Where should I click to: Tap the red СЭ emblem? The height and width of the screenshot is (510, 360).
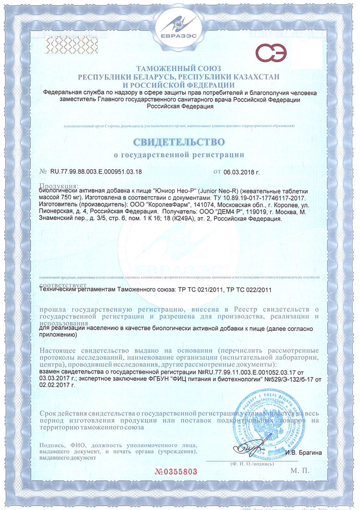[271, 54]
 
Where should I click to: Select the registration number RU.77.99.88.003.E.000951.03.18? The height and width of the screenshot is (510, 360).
[96, 172]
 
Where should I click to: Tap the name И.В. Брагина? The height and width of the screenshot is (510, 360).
[303, 452]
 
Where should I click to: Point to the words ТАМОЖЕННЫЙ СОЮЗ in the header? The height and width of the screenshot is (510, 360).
[180, 69]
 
